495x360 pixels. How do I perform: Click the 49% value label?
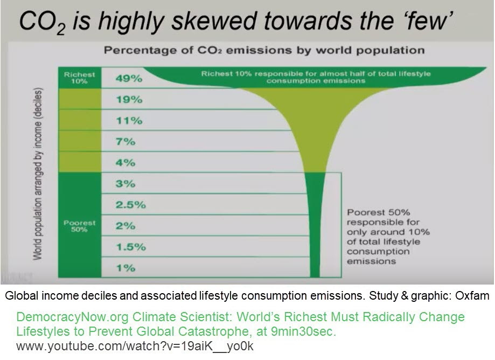(129, 78)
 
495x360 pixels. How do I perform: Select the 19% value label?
(129, 100)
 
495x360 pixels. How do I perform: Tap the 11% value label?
(129, 120)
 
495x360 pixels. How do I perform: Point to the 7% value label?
(126, 142)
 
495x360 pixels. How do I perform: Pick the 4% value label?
(126, 163)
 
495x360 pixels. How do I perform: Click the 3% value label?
(126, 183)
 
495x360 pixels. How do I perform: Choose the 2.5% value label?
(131, 205)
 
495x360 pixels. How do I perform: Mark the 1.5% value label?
(131, 247)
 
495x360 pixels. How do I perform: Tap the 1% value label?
(126, 268)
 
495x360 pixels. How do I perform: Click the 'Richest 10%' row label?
(79, 78)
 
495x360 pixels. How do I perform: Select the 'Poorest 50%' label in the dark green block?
(79, 226)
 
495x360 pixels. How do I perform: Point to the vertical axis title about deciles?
(38, 174)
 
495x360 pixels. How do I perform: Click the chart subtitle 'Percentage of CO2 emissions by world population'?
(264, 50)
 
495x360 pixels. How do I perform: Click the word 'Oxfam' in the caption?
(472, 296)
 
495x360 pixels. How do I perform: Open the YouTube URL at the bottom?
(135, 346)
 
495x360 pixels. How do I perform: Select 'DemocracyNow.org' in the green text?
(72, 317)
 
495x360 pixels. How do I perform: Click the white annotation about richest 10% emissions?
(316, 78)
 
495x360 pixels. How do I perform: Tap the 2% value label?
(126, 226)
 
